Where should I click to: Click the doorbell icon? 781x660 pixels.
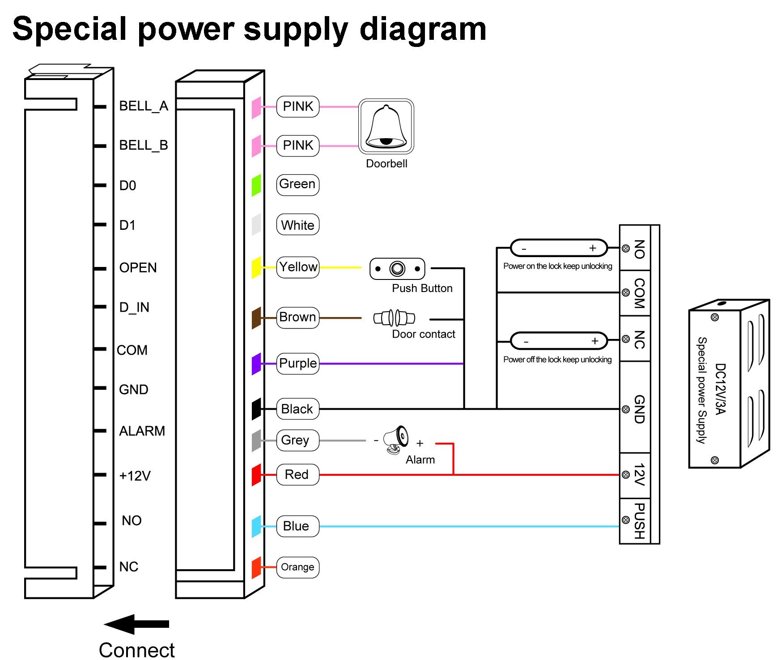(x=386, y=127)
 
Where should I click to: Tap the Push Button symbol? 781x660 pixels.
(x=397, y=269)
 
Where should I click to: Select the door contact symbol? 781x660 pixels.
(x=395, y=318)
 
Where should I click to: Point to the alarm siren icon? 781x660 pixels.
(x=396, y=440)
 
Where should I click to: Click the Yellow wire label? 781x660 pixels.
(x=298, y=267)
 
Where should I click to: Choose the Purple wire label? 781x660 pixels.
(x=298, y=363)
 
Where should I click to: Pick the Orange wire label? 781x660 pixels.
(x=297, y=567)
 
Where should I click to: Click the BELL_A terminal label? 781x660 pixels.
(x=144, y=106)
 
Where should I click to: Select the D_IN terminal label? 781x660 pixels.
(x=134, y=307)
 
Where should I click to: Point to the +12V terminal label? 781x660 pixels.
(x=135, y=475)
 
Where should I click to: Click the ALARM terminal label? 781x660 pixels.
(x=142, y=431)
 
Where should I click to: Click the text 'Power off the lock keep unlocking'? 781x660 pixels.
(x=557, y=360)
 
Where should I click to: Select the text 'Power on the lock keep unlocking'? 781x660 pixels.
(x=557, y=266)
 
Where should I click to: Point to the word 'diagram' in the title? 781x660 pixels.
(x=423, y=29)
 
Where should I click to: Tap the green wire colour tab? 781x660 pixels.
(x=256, y=185)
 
